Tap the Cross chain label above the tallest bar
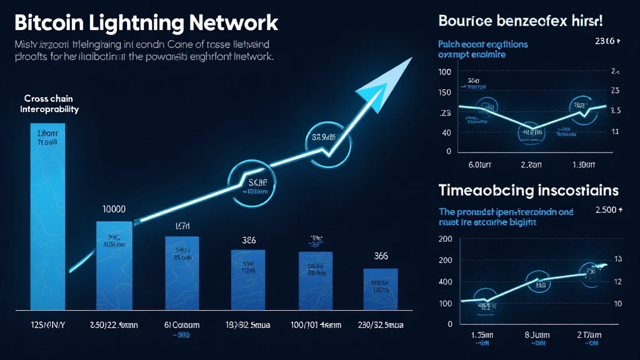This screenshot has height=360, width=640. point(47,98)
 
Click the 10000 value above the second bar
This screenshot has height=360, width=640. point(112,209)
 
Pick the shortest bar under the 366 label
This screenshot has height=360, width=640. point(381,289)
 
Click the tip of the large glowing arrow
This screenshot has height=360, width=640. point(409,59)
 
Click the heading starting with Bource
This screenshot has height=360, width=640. point(521,20)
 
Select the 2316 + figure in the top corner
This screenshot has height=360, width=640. point(607,41)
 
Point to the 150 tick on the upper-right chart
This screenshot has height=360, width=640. point(444,92)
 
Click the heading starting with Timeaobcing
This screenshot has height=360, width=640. point(529,190)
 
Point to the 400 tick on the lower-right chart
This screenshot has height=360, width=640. point(444,282)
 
